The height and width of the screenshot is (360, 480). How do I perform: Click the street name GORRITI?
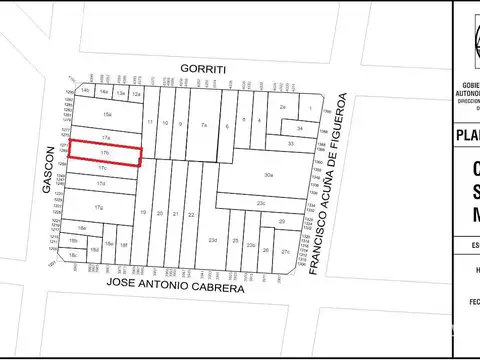tap(204, 68)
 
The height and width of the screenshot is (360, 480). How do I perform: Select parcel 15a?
tap(106, 116)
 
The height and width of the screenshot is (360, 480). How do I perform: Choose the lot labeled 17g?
tap(99, 207)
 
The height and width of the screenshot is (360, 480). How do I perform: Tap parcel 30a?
tap(268, 176)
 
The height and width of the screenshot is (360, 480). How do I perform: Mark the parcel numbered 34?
tap(299, 128)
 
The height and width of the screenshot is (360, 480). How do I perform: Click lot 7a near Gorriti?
tap(203, 125)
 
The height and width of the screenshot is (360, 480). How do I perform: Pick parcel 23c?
tap(260, 204)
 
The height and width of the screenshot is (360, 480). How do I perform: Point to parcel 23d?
tap(212, 241)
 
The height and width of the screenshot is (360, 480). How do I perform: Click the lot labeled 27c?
tap(286, 251)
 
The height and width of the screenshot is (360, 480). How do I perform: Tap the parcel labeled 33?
tap(291, 144)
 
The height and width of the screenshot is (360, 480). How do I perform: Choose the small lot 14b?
tap(86, 91)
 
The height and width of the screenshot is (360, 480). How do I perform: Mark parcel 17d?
tap(100, 184)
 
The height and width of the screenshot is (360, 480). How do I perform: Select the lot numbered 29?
tap(283, 221)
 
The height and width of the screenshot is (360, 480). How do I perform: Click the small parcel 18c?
tap(73, 256)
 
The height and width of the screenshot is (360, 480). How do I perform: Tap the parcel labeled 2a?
tap(283, 107)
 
